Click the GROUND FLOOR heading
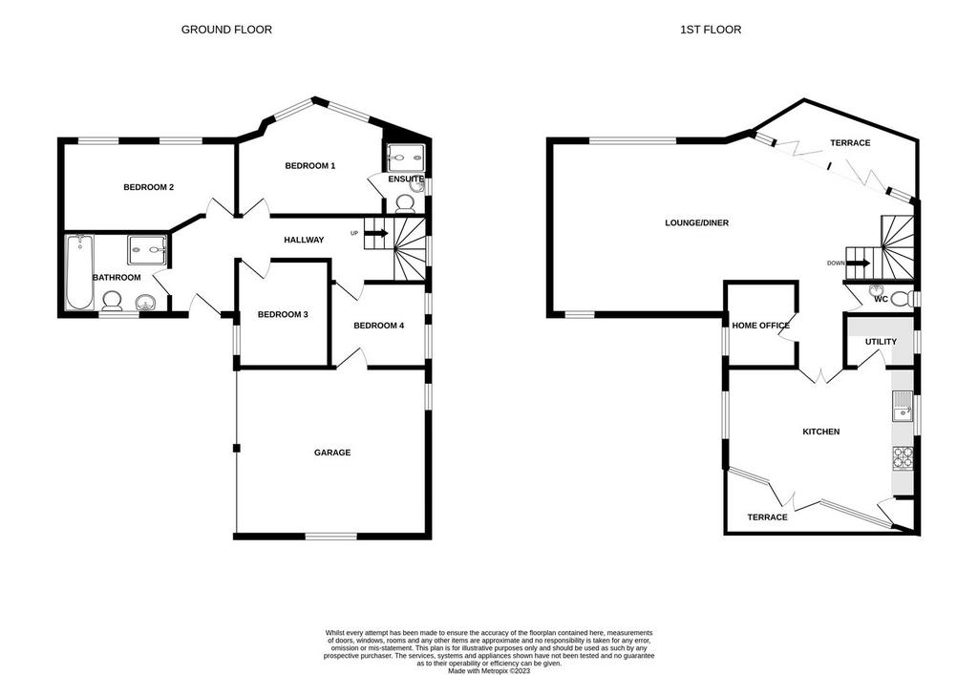(226, 30)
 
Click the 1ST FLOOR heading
(711, 30)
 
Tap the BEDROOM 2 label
(148, 187)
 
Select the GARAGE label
(332, 453)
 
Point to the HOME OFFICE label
(761, 326)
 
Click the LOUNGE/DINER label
(696, 222)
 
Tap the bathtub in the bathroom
(79, 272)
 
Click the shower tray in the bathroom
(148, 250)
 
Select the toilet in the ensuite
(406, 202)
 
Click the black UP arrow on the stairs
(376, 233)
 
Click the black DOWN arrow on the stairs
(859, 263)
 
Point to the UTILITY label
(881, 342)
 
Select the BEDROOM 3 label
(283, 315)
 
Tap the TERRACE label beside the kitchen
(767, 517)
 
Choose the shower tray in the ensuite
(406, 158)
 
